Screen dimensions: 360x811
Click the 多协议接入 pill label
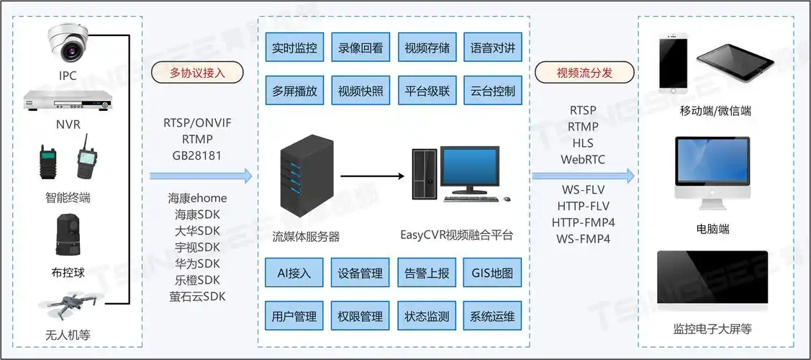point(197,73)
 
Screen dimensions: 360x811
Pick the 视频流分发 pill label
point(585,73)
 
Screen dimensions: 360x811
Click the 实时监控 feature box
point(294,48)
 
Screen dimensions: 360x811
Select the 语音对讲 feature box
point(492,48)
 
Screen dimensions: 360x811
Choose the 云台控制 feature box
point(492,91)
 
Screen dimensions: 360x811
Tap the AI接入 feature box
point(294,273)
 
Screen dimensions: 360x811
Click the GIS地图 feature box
point(492,273)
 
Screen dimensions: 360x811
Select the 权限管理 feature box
point(360,316)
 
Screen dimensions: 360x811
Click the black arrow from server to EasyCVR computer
point(371,175)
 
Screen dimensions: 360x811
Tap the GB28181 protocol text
point(197,155)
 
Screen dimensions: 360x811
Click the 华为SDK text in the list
point(197,264)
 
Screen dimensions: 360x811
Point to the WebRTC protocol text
point(583,159)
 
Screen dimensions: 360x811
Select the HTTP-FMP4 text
point(583,222)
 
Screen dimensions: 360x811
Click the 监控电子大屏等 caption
point(712,329)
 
